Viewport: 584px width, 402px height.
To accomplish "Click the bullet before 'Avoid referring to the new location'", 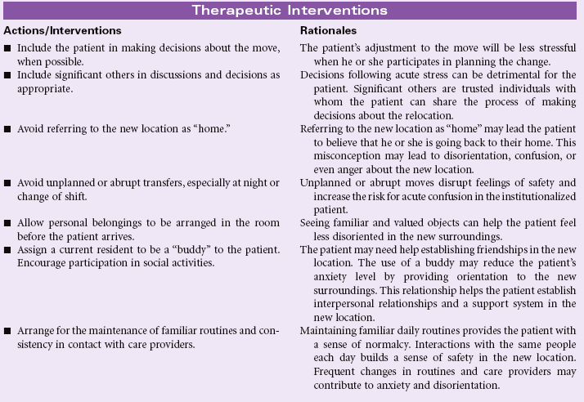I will [x=7, y=129].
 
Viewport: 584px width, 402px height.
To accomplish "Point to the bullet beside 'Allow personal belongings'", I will [x=7, y=223].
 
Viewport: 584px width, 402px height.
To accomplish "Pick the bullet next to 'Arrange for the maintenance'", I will [x=7, y=331].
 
